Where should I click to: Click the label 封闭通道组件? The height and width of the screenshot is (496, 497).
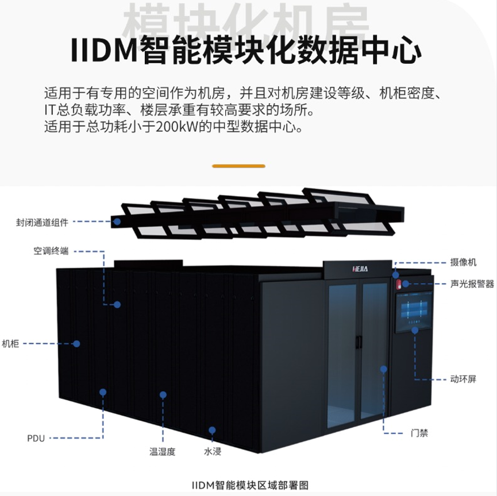[42, 220]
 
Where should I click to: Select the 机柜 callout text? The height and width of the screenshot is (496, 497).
[10, 343]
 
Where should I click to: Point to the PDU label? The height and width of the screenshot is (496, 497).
[36, 438]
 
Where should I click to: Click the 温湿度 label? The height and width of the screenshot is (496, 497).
[161, 451]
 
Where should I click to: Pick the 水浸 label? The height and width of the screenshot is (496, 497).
[213, 451]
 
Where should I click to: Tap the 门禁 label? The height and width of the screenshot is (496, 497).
[420, 432]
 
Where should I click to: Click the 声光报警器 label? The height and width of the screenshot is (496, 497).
[472, 284]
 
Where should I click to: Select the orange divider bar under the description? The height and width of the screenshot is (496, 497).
[239, 166]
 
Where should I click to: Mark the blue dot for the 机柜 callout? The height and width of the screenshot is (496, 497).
[76, 343]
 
